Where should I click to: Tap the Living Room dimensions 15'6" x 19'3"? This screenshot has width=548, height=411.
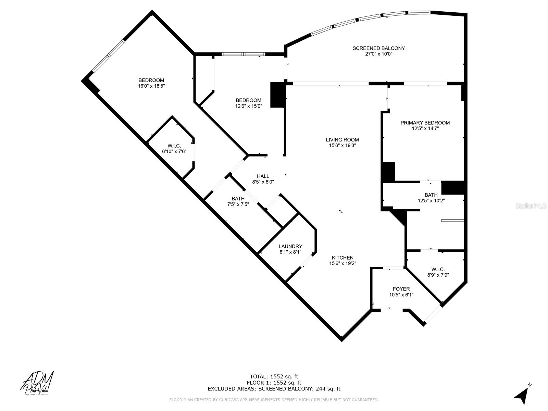342,145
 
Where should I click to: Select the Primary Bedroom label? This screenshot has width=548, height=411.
425,123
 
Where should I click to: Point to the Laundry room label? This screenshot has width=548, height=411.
290,246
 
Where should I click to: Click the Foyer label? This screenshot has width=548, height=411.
401,289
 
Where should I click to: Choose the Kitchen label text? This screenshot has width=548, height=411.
342,258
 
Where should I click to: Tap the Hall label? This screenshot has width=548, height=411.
263,176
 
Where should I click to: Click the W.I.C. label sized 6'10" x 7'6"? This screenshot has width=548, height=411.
174,146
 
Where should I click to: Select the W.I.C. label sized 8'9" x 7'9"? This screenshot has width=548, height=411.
438,269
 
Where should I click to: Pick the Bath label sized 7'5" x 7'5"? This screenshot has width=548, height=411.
238,199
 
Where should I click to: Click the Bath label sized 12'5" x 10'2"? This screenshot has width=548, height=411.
431,195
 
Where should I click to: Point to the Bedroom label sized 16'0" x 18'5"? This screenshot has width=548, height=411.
151,80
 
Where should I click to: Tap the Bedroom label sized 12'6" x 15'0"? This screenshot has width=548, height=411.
248,100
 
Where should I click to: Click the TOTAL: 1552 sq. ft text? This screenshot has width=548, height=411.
274,376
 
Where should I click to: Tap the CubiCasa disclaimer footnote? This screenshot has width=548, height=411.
274,400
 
